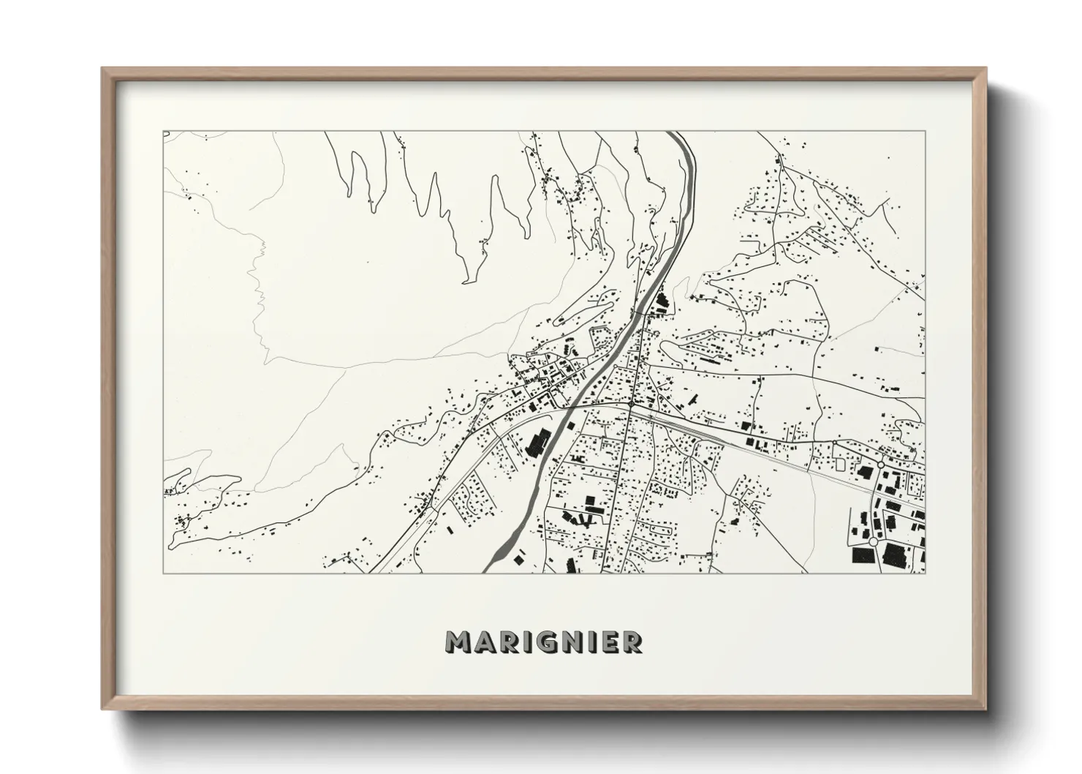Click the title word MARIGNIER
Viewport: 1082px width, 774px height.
(545, 642)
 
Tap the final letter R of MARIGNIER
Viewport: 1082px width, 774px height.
(633, 642)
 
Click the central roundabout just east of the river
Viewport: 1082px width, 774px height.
(630, 403)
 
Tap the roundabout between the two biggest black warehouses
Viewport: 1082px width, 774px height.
(874, 542)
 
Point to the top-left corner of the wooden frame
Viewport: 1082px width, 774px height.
(103, 69)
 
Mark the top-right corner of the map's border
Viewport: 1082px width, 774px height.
(925, 132)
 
